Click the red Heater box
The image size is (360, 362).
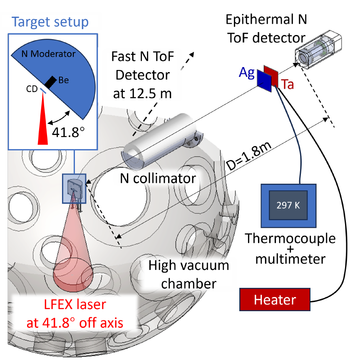(275, 299)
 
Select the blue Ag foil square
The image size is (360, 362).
(264, 79)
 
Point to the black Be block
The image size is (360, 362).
(51, 82)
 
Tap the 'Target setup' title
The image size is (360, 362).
(50, 22)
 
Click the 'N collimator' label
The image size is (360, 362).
(157, 178)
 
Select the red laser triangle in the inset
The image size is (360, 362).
(43, 121)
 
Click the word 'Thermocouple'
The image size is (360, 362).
(290, 239)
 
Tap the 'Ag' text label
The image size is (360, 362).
(247, 74)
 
